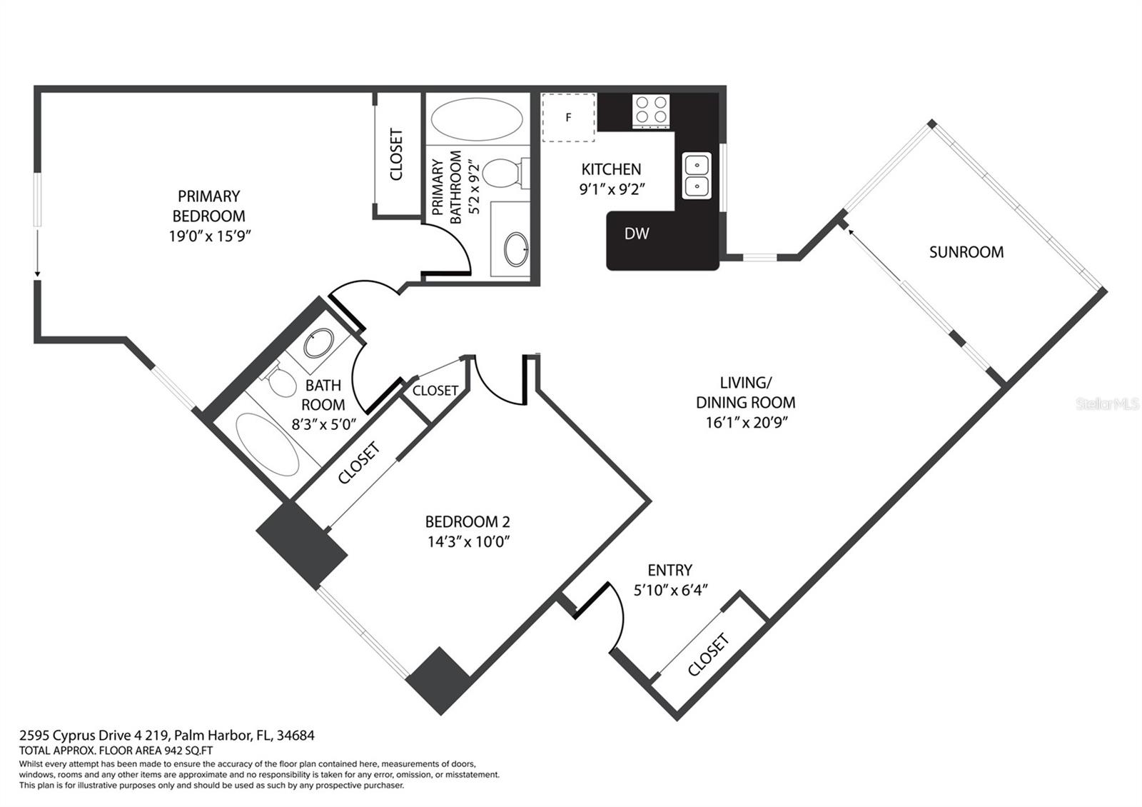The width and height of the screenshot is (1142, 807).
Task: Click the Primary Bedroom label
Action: [209, 206]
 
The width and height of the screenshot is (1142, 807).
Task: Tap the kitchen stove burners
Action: [651, 110]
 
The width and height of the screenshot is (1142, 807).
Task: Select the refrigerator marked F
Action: [568, 117]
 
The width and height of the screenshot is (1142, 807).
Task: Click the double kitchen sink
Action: [697, 176]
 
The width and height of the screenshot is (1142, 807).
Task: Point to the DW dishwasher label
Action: [637, 234]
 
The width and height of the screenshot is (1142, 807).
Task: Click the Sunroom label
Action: [966, 252]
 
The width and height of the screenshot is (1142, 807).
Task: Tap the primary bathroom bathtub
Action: [477, 119]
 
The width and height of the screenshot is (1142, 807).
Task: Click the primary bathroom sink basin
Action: [516, 249]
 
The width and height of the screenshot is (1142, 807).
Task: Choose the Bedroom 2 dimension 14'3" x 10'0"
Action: [468, 541]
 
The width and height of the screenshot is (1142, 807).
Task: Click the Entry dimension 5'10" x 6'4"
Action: [670, 590]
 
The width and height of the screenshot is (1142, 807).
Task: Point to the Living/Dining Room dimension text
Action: [747, 422]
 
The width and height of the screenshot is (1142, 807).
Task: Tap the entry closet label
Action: [708, 655]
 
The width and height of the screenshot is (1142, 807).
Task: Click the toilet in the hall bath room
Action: [281, 380]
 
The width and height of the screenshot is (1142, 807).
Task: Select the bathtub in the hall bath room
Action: [267, 445]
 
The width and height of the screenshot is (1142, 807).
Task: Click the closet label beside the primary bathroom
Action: [396, 154]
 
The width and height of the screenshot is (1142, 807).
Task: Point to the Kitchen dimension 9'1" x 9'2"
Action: [612, 189]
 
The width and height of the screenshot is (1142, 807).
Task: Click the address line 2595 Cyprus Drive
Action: [167, 735]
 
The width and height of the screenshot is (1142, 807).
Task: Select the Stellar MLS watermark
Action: [1107, 404]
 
